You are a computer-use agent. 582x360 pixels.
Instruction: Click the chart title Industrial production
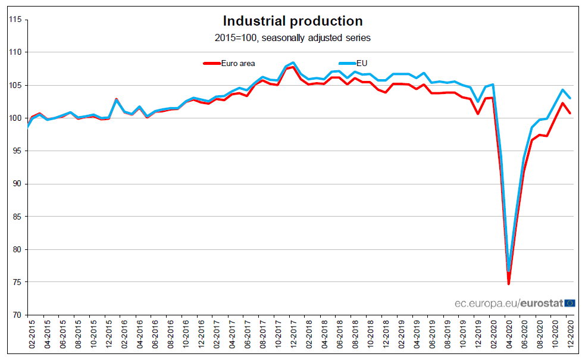coord(292,21)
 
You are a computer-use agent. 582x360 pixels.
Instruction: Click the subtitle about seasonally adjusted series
coord(292,38)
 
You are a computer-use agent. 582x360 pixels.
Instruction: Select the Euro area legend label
coord(238,62)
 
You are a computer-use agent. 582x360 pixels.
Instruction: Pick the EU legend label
coord(361,62)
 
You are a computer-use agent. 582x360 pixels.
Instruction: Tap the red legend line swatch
coord(211,62)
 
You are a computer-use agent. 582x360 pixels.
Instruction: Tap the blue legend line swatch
coord(347,62)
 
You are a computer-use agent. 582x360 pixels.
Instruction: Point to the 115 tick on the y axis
coord(15,20)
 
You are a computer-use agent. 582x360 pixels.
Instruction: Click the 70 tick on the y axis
coord(17,315)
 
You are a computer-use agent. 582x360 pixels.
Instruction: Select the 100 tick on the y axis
coord(15,118)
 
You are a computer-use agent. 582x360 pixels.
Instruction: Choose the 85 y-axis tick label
coord(17,217)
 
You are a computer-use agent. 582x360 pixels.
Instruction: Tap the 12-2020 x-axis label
coord(571,337)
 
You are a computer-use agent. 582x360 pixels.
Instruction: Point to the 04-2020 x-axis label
coord(509,337)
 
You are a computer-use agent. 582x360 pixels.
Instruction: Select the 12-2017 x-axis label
coord(293,337)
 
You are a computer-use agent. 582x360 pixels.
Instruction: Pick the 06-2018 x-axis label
coord(340,337)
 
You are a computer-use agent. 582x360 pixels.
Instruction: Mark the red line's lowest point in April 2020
coord(509,284)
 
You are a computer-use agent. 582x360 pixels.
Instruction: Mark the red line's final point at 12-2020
coord(571,113)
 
